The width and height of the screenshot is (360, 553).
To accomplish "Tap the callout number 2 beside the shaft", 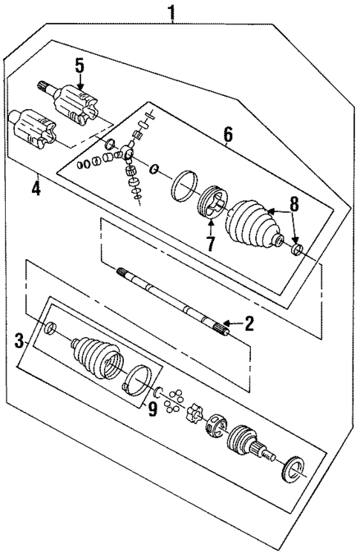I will pyautogui.click(x=249, y=322).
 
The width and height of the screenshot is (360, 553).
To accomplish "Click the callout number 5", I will pyautogui.click(x=79, y=66).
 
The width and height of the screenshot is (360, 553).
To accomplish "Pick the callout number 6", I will pyautogui.click(x=227, y=134).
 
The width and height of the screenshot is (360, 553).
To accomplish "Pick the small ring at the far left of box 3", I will pyautogui.click(x=50, y=328).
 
